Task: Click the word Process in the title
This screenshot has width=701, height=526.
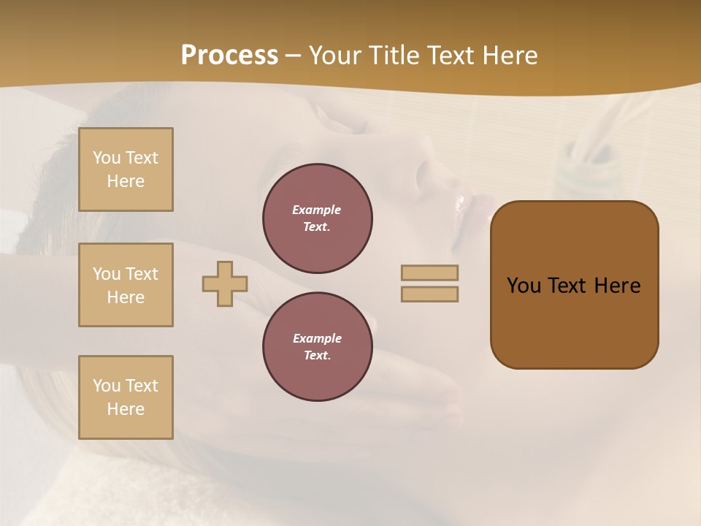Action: [x=229, y=56]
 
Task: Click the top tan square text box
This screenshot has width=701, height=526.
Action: [x=126, y=169]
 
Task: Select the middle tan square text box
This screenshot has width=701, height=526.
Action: [x=126, y=285]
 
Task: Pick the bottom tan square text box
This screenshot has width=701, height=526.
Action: [x=126, y=397]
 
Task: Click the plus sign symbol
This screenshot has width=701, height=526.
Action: [x=225, y=283]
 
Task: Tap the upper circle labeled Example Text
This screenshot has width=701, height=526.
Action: [x=318, y=218]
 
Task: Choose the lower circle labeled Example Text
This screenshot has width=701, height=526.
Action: [x=318, y=347]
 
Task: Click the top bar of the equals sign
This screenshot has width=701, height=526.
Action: [x=429, y=272]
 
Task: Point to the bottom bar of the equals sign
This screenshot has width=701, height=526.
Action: [x=429, y=294]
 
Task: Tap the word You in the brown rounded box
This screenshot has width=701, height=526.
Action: [x=524, y=286]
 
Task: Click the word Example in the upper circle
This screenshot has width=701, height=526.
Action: [x=317, y=210]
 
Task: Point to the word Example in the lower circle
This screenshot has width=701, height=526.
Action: [x=317, y=338]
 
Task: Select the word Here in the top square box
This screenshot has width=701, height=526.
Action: [x=126, y=181]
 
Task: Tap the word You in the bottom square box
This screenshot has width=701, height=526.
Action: [x=107, y=386]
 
